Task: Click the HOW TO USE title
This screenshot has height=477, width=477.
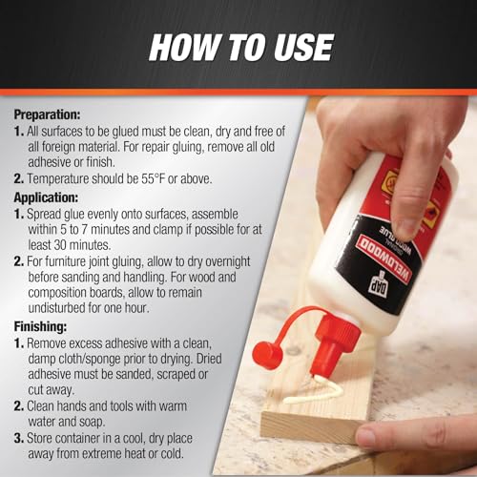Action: coord(241,48)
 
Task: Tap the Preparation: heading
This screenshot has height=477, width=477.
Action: coord(47,114)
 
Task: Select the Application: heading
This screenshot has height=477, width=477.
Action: coord(46,197)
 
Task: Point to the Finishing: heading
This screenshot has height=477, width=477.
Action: coord(40,326)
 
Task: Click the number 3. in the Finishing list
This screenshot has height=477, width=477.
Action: coord(19,438)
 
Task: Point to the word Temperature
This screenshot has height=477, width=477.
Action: coord(58,179)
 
